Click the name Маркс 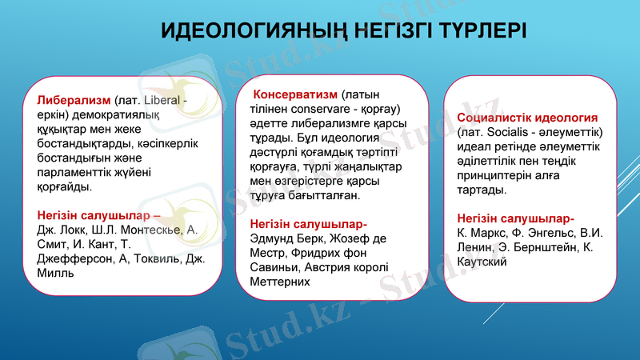click(489, 233)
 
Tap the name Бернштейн click(545, 247)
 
